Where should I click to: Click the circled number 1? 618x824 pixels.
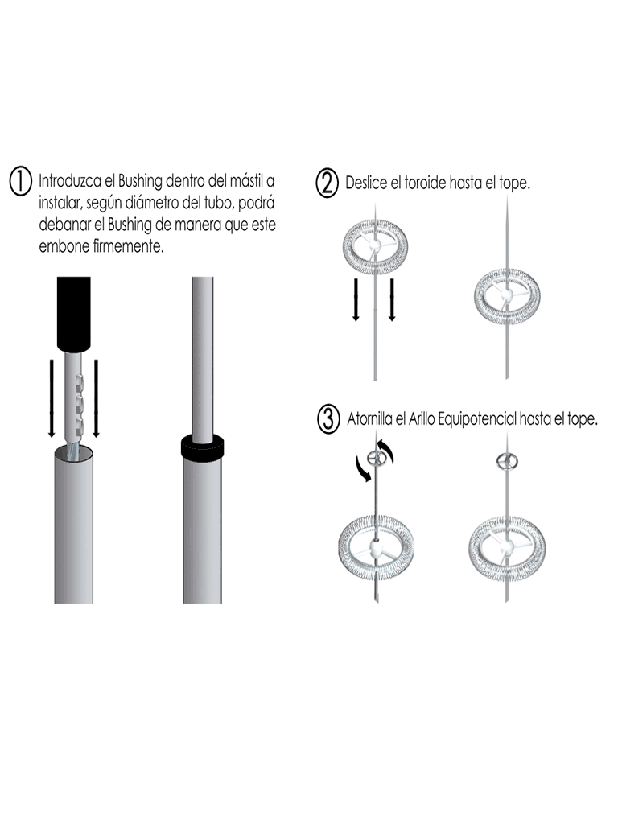(x=21, y=182)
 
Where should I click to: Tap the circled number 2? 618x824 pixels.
(x=327, y=184)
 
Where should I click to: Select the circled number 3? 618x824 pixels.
(x=328, y=420)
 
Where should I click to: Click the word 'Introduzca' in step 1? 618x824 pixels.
(x=70, y=181)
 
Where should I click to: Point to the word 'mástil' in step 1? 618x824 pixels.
(x=247, y=181)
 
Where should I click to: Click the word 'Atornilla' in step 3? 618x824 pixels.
(x=369, y=419)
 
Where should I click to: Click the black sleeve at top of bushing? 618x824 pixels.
(x=73, y=313)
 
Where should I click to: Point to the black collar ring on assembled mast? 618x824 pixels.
(x=202, y=447)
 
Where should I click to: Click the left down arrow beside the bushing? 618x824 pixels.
(x=51, y=398)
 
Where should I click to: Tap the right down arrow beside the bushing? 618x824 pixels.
(x=97, y=398)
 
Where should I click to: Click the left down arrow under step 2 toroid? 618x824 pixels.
(x=356, y=299)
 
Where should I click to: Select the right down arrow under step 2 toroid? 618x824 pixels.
(x=392, y=299)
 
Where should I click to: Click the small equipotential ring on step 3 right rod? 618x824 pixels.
(x=508, y=461)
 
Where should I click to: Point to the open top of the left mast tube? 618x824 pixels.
(x=73, y=454)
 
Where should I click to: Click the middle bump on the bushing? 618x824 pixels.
(x=80, y=404)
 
